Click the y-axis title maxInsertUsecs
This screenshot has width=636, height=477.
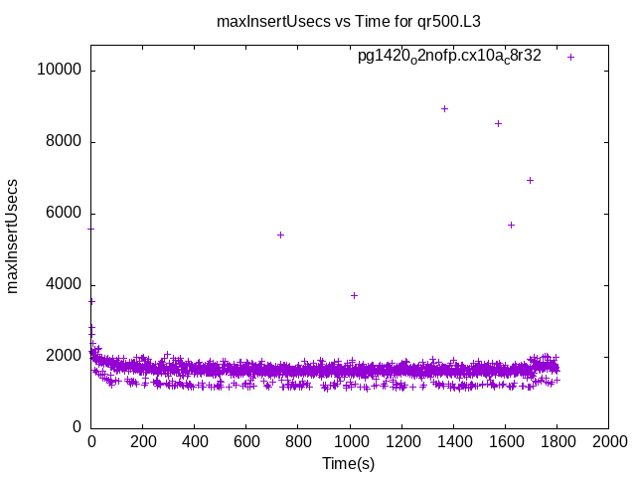(x=13, y=237)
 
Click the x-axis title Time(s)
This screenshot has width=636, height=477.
(x=349, y=463)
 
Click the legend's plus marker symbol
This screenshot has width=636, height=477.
(x=571, y=57)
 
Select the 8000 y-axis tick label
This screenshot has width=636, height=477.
(x=66, y=142)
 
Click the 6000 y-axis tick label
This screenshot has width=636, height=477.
(x=66, y=214)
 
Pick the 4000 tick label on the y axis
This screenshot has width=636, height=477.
(x=66, y=285)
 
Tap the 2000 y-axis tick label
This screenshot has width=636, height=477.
(x=66, y=356)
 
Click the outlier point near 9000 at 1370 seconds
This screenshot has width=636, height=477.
(x=444, y=108)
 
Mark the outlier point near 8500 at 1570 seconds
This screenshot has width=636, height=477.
(x=498, y=123)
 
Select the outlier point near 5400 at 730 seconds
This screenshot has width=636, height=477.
(x=281, y=235)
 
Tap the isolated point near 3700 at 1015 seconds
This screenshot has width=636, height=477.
(x=354, y=295)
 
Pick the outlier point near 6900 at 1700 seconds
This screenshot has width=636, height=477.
(x=530, y=180)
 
